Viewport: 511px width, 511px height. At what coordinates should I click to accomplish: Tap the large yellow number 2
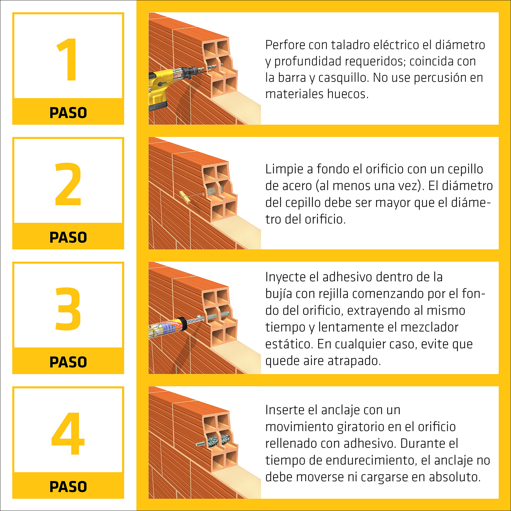(68, 184)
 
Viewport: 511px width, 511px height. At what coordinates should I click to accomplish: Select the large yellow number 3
(68, 309)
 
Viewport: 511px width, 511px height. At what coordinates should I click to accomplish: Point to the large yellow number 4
(68, 433)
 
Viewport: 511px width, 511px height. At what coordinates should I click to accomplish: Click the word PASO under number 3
(68, 362)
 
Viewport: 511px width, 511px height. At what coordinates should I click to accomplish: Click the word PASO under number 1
(68, 113)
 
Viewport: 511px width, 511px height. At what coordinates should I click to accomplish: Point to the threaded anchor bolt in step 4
(201, 444)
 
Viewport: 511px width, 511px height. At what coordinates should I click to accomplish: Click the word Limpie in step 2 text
(284, 169)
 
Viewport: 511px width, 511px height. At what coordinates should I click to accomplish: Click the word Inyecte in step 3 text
(285, 277)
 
